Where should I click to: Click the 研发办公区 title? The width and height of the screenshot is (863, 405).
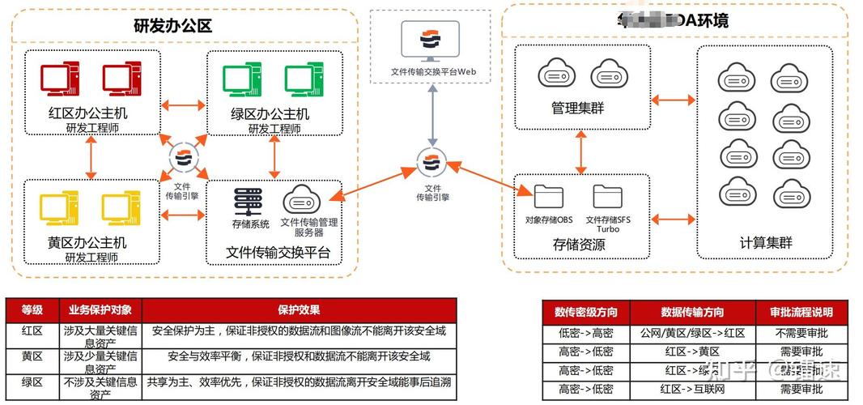pyautogui.click(x=172, y=25)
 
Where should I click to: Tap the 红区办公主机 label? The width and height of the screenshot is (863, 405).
pyautogui.click(x=87, y=113)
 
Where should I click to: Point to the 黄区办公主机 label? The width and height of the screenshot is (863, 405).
pyautogui.click(x=87, y=242)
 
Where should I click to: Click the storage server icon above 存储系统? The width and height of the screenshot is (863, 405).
pyautogui.click(x=249, y=199)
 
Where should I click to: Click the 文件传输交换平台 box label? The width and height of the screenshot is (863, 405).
pyautogui.click(x=278, y=252)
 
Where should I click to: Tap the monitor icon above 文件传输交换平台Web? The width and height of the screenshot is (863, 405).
pyautogui.click(x=433, y=40)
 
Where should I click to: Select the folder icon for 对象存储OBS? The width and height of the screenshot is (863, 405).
pyautogui.click(x=548, y=197)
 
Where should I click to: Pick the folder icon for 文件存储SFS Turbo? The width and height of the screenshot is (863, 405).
pyautogui.click(x=607, y=197)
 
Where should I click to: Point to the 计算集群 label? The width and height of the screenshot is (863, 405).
pyautogui.click(x=765, y=242)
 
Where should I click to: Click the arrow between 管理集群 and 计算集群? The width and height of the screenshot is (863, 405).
pyautogui.click(x=674, y=100)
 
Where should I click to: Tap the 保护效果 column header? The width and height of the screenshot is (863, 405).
pyautogui.click(x=299, y=310)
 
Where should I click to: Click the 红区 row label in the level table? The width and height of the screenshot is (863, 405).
pyautogui.click(x=32, y=330)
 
